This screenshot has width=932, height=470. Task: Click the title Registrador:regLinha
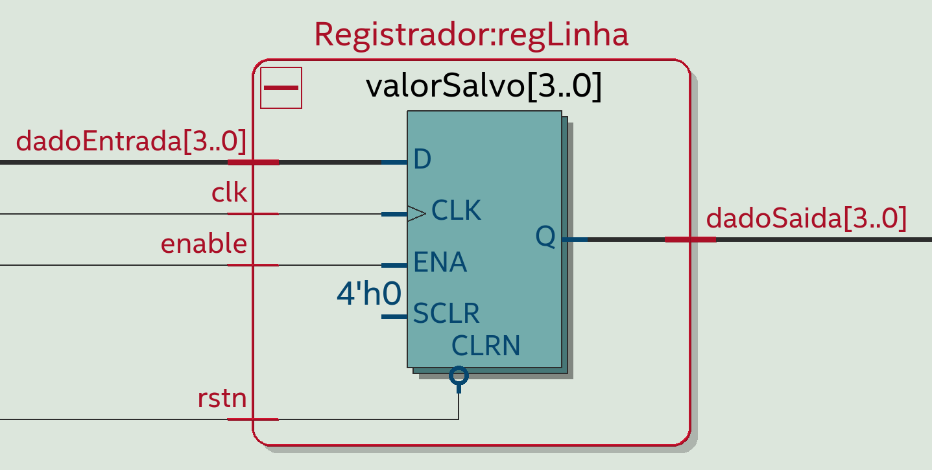coord(471,35)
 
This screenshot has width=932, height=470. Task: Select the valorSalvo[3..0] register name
coord(484,88)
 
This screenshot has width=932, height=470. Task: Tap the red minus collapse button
coord(281,88)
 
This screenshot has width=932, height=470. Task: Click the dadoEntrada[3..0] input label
coord(131,141)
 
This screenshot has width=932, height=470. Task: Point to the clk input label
coord(230,193)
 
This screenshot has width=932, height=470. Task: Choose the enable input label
coord(204,244)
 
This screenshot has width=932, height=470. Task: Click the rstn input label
coord(222,398)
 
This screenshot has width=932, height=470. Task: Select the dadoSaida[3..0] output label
coord(806,218)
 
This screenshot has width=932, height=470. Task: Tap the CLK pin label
coord(456,211)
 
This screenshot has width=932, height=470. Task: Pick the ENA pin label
coord(440,263)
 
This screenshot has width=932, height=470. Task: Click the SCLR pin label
coord(446,314)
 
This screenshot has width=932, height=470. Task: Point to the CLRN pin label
coord(486,346)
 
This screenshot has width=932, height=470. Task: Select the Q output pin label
coord(545,237)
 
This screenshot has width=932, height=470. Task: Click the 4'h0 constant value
coord(368,294)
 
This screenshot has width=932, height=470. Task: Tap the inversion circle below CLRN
coord(459,375)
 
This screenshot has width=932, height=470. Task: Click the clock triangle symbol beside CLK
coord(416,213)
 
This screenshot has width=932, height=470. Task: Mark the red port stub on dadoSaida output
coord(690,240)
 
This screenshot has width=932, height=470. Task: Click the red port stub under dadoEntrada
coord(253,162)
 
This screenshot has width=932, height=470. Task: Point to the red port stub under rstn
coord(253,419)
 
